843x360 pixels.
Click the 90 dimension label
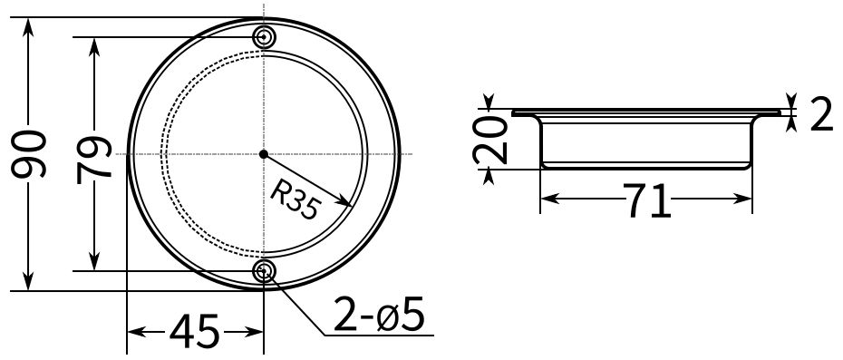tap(28, 154)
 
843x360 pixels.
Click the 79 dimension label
tap(94, 161)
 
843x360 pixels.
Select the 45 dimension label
tap(194, 330)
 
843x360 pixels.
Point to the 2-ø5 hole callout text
tap(379, 314)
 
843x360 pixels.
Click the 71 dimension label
tap(647, 200)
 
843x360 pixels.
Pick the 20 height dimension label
tap(489, 140)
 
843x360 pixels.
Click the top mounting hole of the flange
tap(264, 36)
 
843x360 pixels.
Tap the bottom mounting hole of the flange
tap(264, 271)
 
